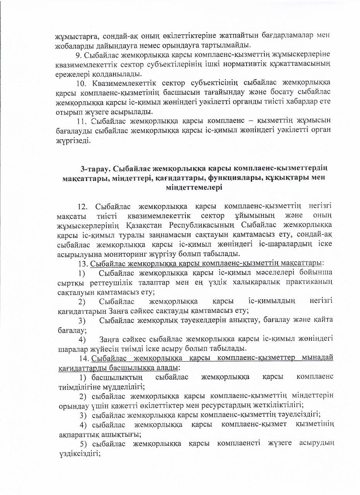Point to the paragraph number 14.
click(x=84, y=358)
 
